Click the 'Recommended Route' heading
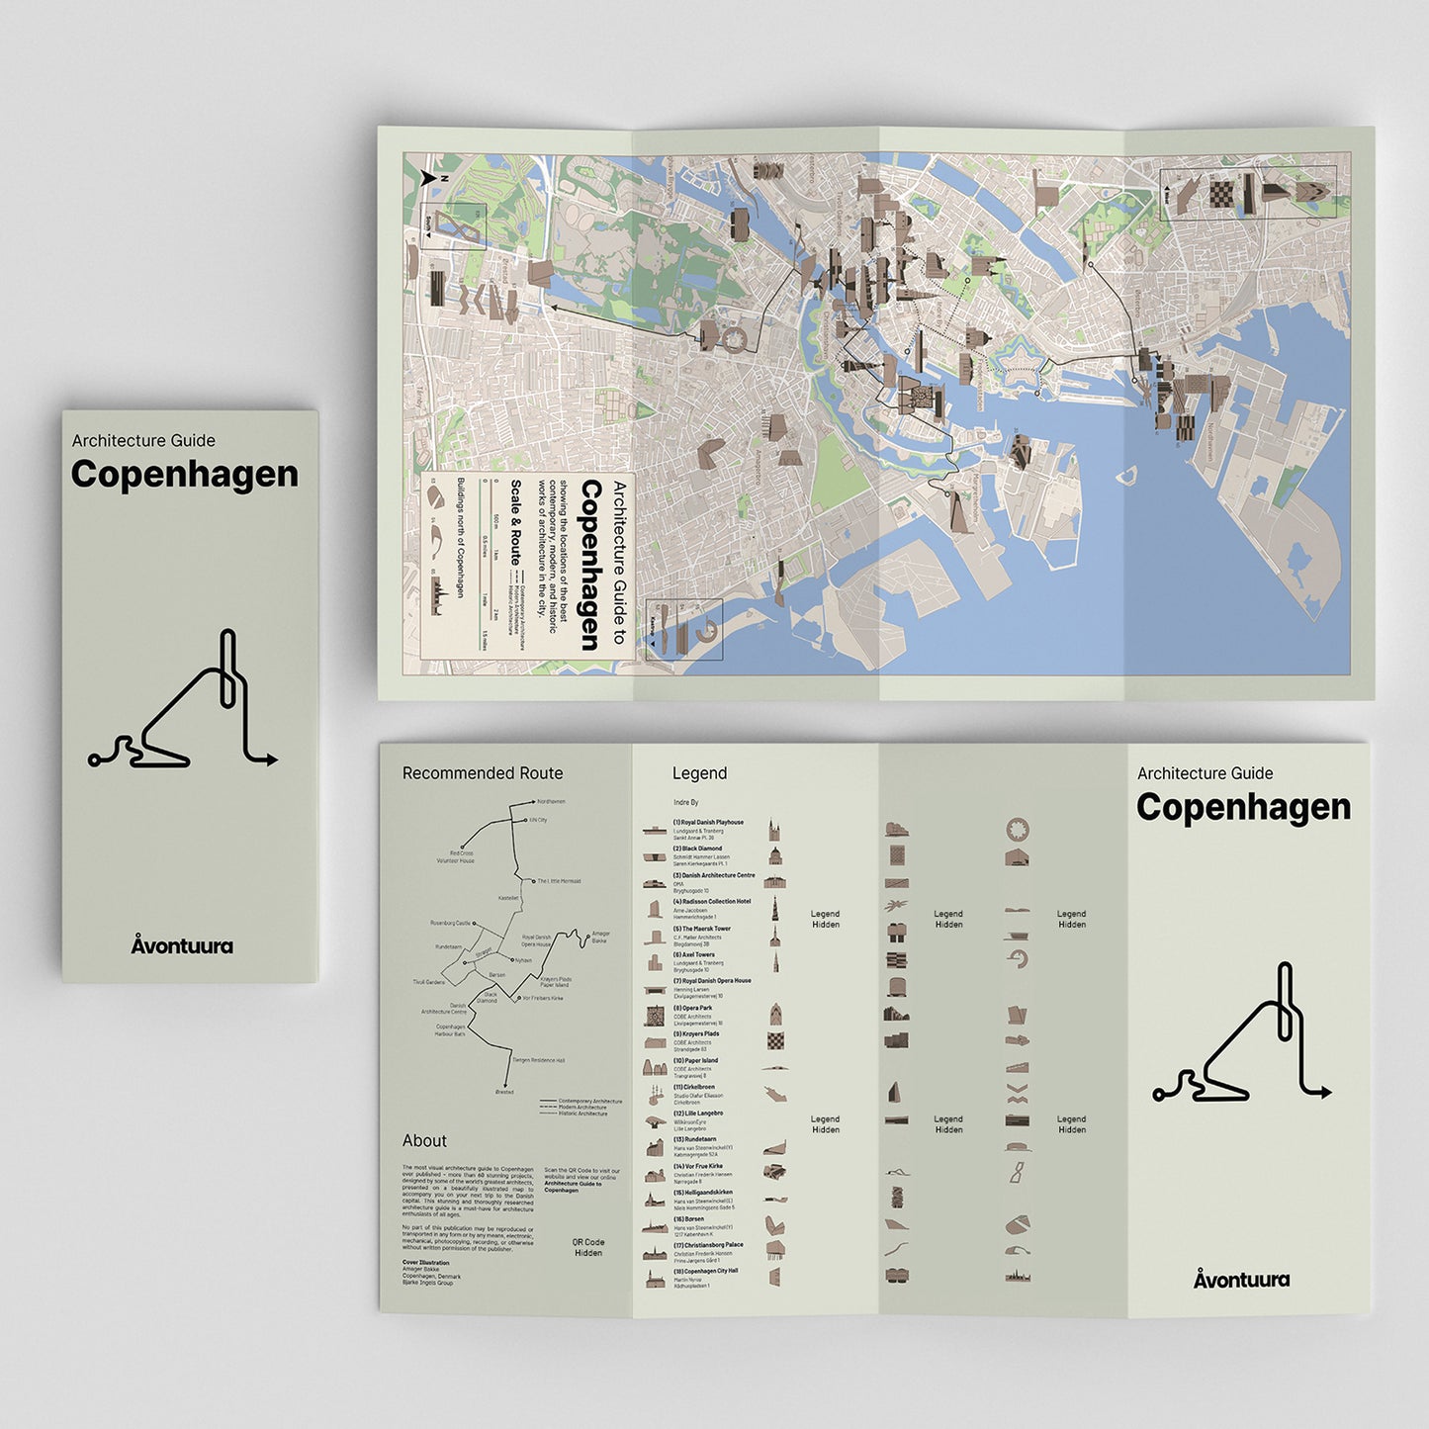coord(482,773)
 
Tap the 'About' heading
coord(424,1140)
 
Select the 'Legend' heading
coord(699,773)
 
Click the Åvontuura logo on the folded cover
coord(182,945)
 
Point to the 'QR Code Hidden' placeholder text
coord(588,1247)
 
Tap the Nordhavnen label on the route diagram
coord(550,801)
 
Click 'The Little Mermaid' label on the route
coord(559,880)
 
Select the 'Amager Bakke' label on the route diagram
coord(599,937)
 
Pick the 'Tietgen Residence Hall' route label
coord(538,1060)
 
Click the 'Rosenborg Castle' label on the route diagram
coord(450,923)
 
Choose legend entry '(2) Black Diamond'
coord(697,848)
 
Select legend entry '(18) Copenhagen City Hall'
coord(705,1271)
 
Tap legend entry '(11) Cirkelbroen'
coord(693,1087)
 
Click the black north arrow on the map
coord(428,179)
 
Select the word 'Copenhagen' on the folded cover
coord(184,474)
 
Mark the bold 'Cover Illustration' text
coord(425,1263)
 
